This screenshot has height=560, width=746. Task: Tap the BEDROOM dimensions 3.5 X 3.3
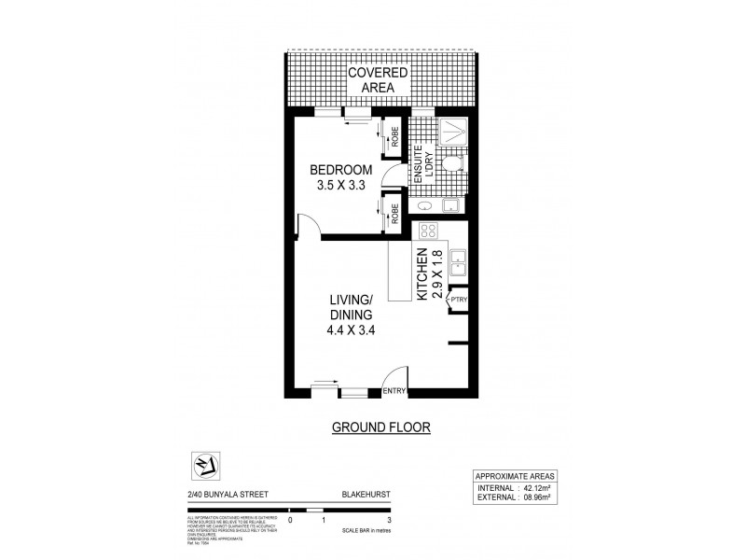[341, 186]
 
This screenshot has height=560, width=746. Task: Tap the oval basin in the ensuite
[424, 204]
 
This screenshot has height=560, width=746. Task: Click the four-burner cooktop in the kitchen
[430, 231]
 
